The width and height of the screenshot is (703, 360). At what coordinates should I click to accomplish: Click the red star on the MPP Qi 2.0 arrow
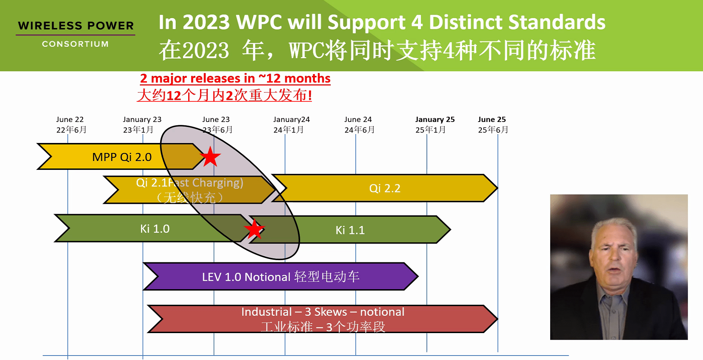[210, 157]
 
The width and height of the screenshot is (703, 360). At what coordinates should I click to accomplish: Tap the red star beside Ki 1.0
[254, 229]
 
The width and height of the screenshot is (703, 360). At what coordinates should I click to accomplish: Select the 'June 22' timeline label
[70, 119]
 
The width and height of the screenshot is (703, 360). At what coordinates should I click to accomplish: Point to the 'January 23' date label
[142, 119]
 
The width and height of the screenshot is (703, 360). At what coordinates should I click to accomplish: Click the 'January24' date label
[291, 119]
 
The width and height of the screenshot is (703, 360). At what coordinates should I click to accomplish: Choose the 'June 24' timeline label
[358, 119]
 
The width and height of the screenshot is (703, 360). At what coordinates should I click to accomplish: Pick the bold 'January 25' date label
[435, 119]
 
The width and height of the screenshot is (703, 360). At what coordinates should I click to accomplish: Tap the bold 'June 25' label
[492, 119]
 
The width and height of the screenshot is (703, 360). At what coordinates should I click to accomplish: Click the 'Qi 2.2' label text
[385, 188]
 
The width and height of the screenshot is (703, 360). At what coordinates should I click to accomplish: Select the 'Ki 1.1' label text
[350, 230]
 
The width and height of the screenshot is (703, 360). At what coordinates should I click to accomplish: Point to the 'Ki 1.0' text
[155, 229]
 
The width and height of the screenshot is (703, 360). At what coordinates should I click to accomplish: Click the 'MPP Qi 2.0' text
[122, 157]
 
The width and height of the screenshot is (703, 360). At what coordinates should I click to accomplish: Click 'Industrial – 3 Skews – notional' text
[323, 312]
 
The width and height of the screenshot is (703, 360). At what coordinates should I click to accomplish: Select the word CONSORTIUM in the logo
[75, 44]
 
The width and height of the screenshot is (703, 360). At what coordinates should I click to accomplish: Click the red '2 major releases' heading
[235, 78]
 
